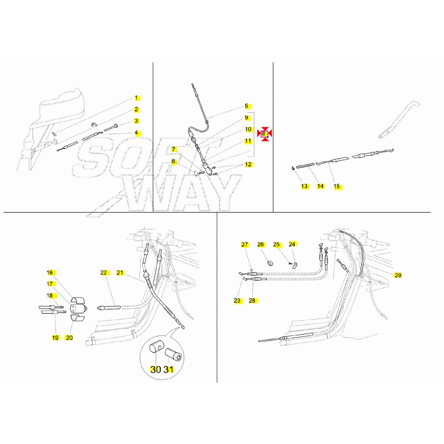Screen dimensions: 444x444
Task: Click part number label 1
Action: point(136,98)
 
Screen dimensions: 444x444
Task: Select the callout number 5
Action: point(246,106)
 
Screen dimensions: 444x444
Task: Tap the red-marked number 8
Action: point(264,133)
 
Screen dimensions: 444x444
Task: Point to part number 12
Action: point(248,164)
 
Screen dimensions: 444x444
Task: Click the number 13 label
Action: point(304,186)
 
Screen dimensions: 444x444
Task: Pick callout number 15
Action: point(337,186)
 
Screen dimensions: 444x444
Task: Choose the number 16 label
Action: point(50,272)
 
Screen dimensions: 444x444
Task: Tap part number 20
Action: point(69,337)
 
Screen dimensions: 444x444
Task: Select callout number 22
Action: point(104,272)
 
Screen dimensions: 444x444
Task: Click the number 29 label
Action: point(398,275)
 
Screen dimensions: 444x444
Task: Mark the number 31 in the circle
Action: point(168,369)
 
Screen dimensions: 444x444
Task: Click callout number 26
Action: point(260,244)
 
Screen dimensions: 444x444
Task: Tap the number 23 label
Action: point(237,300)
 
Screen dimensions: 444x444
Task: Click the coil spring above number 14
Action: point(306,165)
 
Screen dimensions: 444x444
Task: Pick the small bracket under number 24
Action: point(295,265)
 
